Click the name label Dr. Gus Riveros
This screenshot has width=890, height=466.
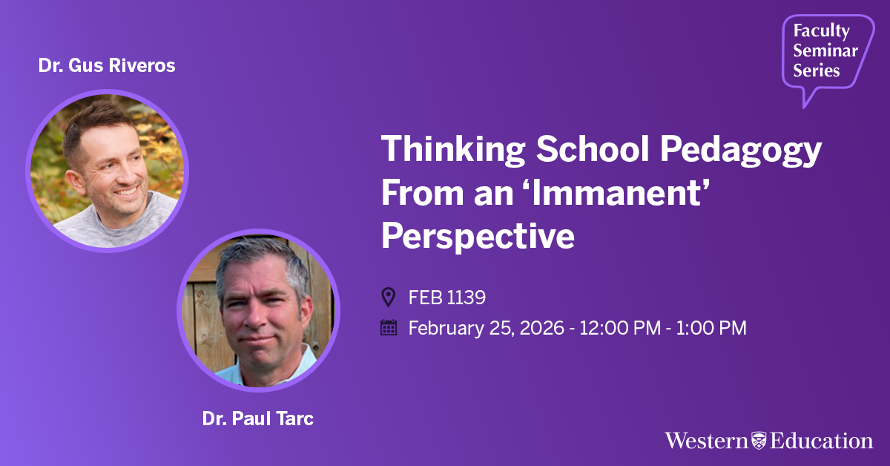[x=107, y=65]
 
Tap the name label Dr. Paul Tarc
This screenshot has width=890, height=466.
[x=258, y=419]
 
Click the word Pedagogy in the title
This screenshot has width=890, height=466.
[x=741, y=151]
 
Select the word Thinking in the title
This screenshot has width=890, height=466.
[x=453, y=151]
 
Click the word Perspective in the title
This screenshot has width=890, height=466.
[x=478, y=237]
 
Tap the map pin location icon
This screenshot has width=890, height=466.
[x=388, y=297]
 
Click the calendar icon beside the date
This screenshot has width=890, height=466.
[x=389, y=328]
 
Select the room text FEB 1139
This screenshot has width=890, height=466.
[x=447, y=298]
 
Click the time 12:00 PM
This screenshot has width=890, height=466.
[x=620, y=328]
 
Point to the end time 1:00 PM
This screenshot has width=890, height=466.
[x=711, y=328]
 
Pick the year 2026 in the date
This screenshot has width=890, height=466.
[x=542, y=328]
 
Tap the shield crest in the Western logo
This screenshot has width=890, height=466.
[x=759, y=441]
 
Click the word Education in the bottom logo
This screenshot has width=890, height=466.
[x=821, y=441]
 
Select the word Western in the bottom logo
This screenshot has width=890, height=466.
[x=706, y=441]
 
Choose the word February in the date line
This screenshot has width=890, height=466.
[x=446, y=329]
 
